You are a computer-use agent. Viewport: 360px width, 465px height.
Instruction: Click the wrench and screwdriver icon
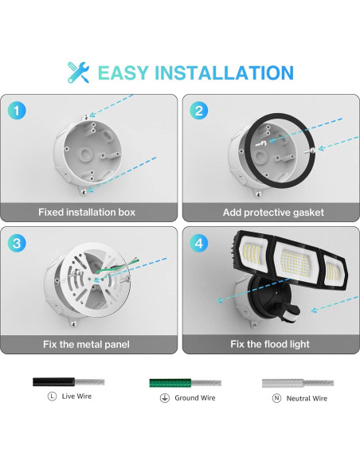[x=78, y=72]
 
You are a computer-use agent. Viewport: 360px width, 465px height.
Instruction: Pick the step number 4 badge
[x=199, y=240]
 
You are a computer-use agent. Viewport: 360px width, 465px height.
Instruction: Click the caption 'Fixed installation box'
[x=87, y=213]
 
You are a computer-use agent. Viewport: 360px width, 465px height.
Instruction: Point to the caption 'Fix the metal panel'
[x=87, y=344]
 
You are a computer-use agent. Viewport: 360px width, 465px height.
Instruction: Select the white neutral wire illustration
[x=295, y=382]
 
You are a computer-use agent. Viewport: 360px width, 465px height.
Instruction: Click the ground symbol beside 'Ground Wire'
[x=163, y=397]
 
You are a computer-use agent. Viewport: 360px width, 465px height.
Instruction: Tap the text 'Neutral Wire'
[x=307, y=398]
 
